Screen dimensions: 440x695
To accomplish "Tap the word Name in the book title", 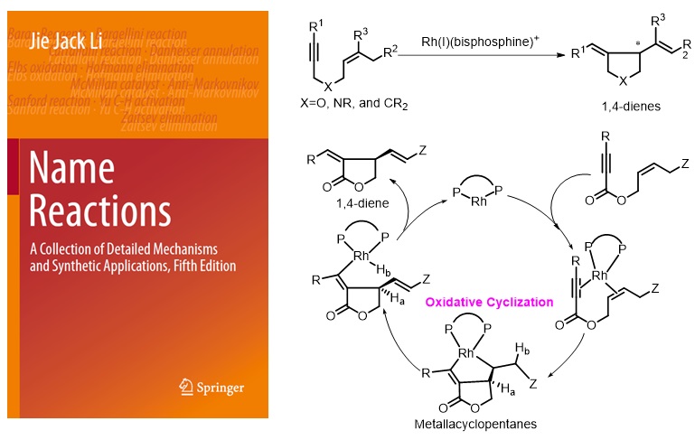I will pos(73,168).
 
